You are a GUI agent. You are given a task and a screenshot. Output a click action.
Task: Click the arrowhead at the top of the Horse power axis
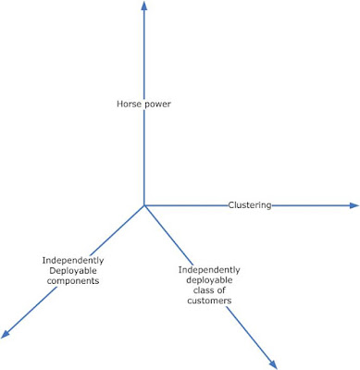coord(143,5)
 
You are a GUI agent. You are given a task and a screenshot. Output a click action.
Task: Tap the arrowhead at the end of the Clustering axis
coord(354,205)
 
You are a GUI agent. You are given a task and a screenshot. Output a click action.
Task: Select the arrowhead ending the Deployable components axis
coord(6,334)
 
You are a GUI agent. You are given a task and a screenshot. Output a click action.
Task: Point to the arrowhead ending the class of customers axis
coord(272,364)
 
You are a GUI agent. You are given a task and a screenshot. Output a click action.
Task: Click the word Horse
coord(126,104)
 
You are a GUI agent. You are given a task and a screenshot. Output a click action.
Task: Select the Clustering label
coord(250,205)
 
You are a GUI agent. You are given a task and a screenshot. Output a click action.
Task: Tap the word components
coord(73,281)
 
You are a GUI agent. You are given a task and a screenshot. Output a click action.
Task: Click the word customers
coord(209,301)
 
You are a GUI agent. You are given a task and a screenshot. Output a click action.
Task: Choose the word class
coord(203,290)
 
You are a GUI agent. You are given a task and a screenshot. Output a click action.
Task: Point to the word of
coord(221,290)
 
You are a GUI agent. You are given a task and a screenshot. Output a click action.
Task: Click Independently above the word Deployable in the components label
coord(73,261)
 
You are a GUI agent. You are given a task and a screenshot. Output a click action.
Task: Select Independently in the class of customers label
coord(209,270)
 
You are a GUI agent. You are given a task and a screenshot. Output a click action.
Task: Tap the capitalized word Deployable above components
coord(73,271)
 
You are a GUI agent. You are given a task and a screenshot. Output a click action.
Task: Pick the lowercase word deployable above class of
coord(209,280)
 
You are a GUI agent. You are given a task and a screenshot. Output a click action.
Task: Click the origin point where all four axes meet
coord(143,205)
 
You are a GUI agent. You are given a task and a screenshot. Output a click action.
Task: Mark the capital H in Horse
coord(119,104)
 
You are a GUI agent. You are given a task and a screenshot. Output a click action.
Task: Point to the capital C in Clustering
coord(231,205)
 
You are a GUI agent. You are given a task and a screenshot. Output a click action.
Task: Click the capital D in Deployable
coord(52,271)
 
